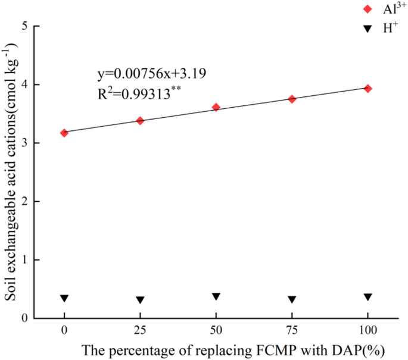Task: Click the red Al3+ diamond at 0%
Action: tap(64, 133)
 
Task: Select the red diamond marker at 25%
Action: tap(141, 121)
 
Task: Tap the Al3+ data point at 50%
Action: tap(216, 107)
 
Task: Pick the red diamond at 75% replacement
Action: tap(292, 99)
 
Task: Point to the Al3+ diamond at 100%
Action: tap(368, 88)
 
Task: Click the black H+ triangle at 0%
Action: tap(64, 298)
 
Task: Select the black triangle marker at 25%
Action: tap(141, 300)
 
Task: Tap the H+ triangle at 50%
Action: tap(216, 296)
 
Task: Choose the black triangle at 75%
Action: tap(292, 299)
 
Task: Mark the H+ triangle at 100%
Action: tap(368, 297)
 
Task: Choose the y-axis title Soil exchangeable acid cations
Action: tap(10, 173)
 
